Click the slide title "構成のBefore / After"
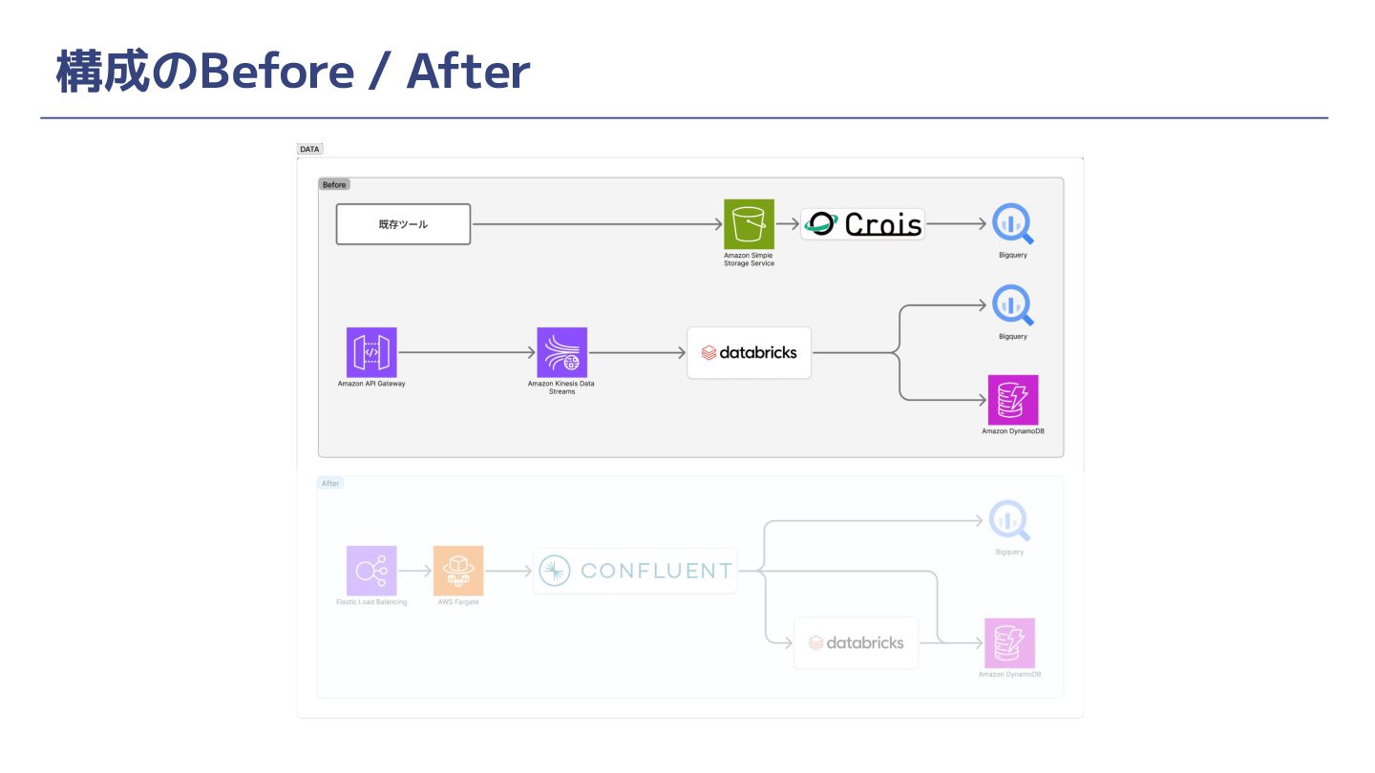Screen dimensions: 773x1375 (292, 72)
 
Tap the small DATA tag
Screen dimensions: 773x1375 (309, 149)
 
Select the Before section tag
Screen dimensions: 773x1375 (334, 184)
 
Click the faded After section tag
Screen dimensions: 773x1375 (330, 483)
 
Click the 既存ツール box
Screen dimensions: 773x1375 (403, 224)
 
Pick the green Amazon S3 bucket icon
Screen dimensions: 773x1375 (749, 224)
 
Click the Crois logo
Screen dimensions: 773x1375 (862, 224)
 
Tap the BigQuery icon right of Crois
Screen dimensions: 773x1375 (1012, 224)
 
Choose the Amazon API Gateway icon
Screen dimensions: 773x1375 (371, 352)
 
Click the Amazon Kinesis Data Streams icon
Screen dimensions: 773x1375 (561, 352)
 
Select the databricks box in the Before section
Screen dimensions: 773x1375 (749, 352)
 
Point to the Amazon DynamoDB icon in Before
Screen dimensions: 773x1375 (1012, 400)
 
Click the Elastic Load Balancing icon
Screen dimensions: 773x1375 (371, 571)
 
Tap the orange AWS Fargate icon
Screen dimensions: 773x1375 (458, 571)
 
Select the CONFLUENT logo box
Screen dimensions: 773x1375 (635, 571)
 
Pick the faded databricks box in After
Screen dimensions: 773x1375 (856, 642)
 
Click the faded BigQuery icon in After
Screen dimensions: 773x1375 (1009, 521)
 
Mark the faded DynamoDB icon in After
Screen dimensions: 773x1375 (1009, 642)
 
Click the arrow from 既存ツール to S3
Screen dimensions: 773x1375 (597, 224)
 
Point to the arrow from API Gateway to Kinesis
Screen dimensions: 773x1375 (466, 352)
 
